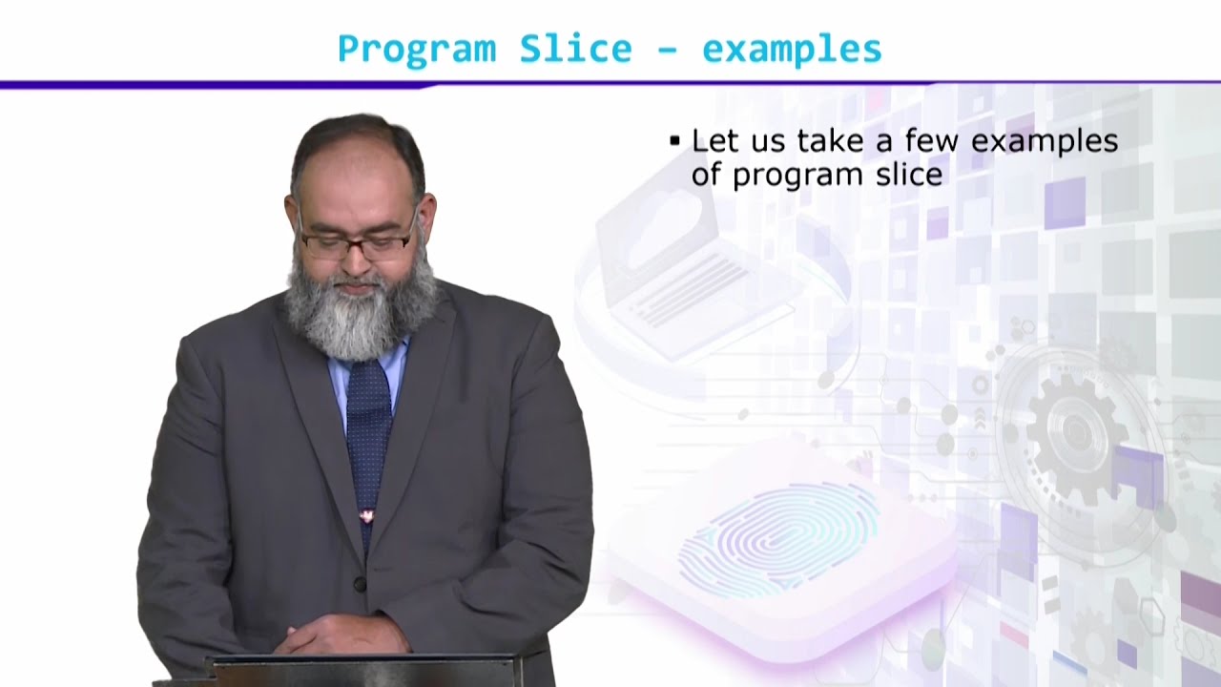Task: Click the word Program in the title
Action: coord(417,50)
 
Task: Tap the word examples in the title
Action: coord(792,50)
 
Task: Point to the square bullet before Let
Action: coord(674,141)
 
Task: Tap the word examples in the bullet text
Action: coord(1045,141)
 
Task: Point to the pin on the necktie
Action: coord(365,516)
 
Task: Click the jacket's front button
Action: coord(360,584)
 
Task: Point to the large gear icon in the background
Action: coord(1073,434)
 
